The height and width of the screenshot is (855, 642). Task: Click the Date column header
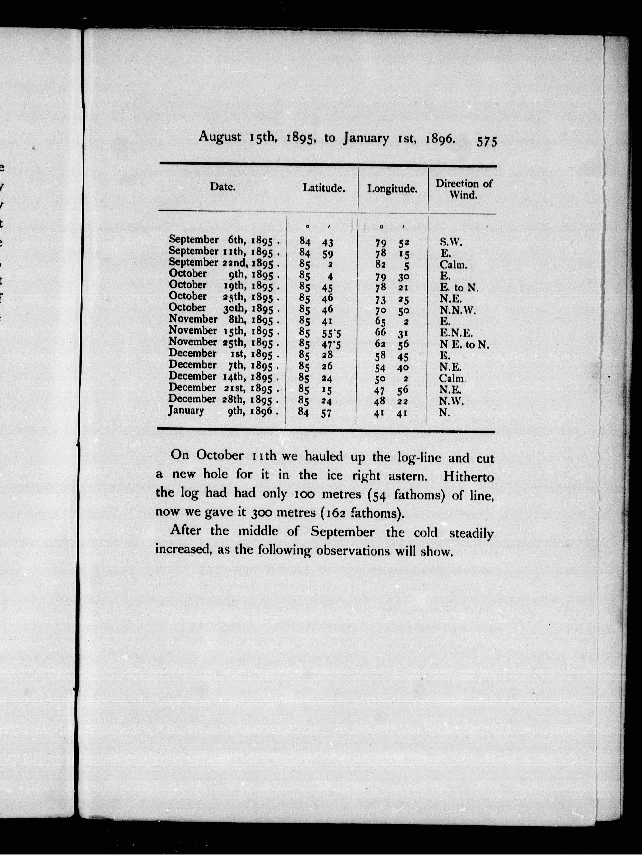point(222,187)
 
